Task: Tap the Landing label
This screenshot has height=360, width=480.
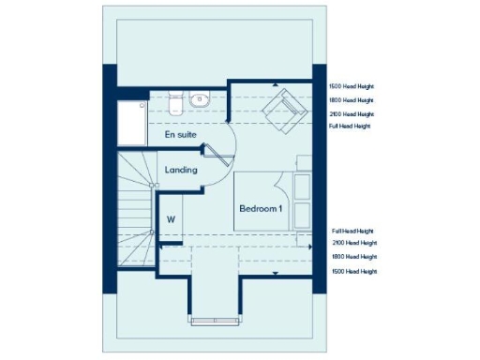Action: [181, 170]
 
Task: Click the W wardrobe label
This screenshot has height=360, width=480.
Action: [171, 219]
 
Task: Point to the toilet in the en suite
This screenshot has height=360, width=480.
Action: [175, 100]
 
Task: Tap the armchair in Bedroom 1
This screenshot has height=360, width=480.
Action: [282, 110]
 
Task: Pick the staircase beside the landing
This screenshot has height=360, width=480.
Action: [135, 211]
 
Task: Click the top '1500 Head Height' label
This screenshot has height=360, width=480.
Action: [351, 86]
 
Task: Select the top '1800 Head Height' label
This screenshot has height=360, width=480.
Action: [351, 99]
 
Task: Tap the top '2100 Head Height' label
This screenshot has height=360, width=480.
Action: [351, 112]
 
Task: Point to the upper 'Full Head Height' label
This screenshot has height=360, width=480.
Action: [350, 126]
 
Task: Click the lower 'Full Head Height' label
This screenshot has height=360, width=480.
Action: [352, 231]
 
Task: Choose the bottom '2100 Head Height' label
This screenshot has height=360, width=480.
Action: [353, 243]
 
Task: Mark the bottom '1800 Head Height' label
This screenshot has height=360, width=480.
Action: [353, 256]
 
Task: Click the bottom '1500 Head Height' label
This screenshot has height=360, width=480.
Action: [353, 271]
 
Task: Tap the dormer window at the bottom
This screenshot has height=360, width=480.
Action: [217, 321]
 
